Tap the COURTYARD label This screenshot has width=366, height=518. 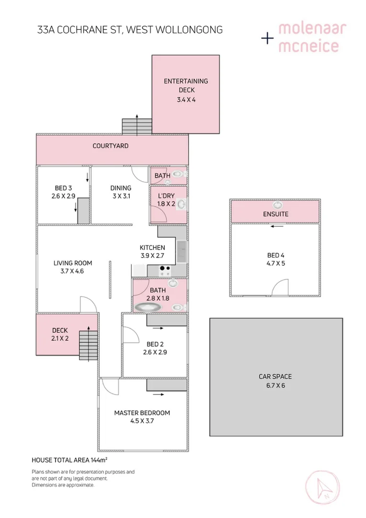(x=111, y=146)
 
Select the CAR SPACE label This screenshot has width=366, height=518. (x=275, y=377)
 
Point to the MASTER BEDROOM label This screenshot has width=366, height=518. (x=142, y=412)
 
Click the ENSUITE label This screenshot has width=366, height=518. (x=275, y=214)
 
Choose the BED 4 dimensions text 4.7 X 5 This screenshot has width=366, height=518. (x=275, y=263)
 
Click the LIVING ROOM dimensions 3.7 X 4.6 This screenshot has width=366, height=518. (x=73, y=271)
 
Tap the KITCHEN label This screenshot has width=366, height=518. (x=152, y=247)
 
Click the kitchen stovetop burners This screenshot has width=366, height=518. (x=165, y=270)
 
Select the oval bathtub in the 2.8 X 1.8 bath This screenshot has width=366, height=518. (x=147, y=306)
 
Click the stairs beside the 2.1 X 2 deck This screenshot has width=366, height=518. (x=88, y=341)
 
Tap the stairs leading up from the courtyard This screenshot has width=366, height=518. (x=137, y=127)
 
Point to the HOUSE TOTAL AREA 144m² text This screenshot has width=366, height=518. (x=69, y=459)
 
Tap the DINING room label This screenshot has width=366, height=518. (x=121, y=188)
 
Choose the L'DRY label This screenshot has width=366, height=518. (x=166, y=196)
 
